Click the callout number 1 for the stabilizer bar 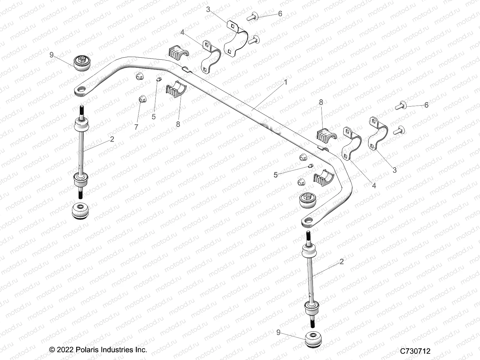click(286, 82)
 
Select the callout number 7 click(136, 127)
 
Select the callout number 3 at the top click(208, 9)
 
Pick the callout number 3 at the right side click(394, 170)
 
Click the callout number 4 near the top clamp click(182, 32)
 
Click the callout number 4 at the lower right click(374, 186)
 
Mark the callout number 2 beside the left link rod click(112, 139)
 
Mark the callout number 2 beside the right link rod click(341, 262)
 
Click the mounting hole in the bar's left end click(81, 89)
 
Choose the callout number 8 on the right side click(321, 102)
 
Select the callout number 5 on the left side click(154, 116)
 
